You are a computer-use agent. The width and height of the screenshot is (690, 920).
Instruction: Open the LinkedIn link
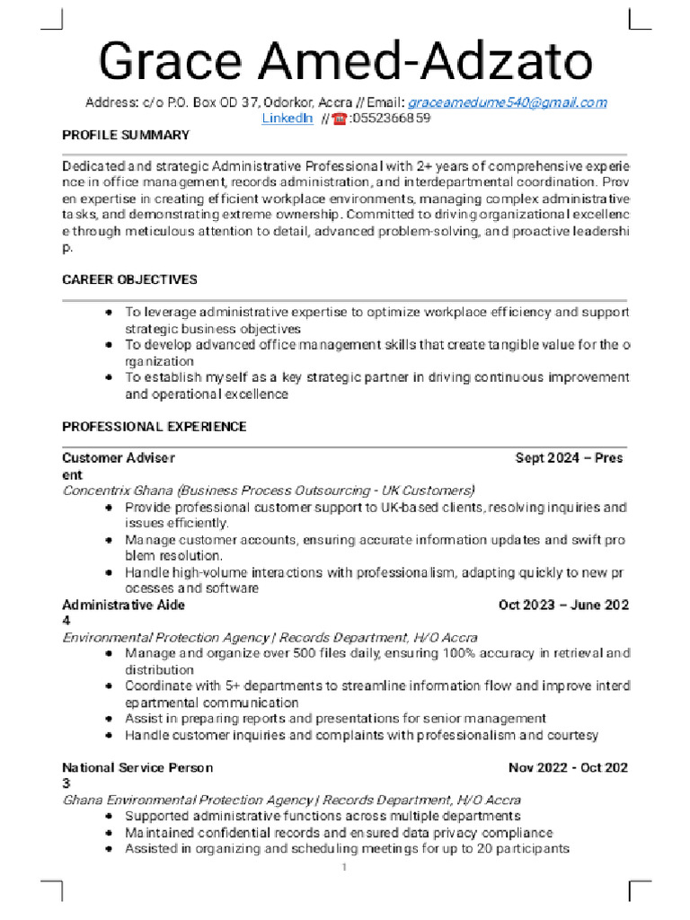pos(287,119)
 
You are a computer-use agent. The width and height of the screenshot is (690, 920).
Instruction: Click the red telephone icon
pos(340,119)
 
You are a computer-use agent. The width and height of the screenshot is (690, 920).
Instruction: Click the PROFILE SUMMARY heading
pos(126,135)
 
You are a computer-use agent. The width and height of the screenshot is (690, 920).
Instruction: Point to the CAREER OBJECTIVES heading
pos(129,279)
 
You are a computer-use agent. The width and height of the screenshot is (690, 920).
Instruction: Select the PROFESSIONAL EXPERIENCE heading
pos(154,426)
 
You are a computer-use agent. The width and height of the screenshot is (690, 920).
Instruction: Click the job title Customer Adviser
pos(119,457)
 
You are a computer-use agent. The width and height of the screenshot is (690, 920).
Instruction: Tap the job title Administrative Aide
pos(123,605)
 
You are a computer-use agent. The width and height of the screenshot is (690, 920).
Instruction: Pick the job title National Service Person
pos(137,767)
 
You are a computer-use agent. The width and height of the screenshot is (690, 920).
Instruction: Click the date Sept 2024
pos(546,457)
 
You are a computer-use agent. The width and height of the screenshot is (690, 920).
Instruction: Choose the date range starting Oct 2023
pos(563,605)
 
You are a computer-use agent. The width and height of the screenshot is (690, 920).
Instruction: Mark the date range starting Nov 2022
pos(568,767)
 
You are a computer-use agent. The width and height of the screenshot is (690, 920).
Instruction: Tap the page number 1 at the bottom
pos(343,867)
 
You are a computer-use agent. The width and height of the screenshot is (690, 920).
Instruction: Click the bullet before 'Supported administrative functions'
pos(108,817)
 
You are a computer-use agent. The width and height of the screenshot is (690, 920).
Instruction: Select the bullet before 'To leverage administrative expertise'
pos(108,313)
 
